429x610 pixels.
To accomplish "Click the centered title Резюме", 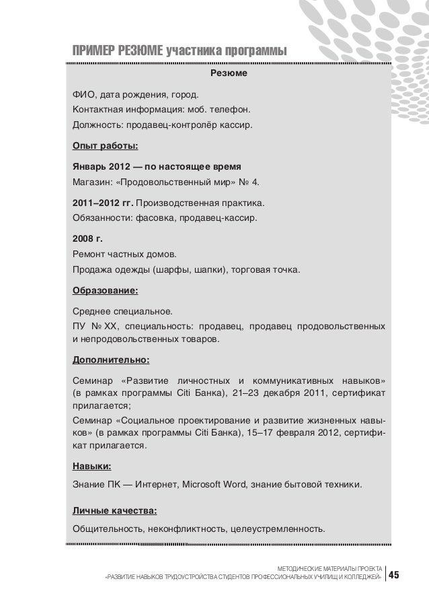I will point(229,73).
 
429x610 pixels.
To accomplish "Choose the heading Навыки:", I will point(92,466).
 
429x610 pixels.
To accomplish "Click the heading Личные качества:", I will point(114,509).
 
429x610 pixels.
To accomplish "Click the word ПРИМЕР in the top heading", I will point(93,51).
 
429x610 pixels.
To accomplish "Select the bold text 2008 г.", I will point(85,237).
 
